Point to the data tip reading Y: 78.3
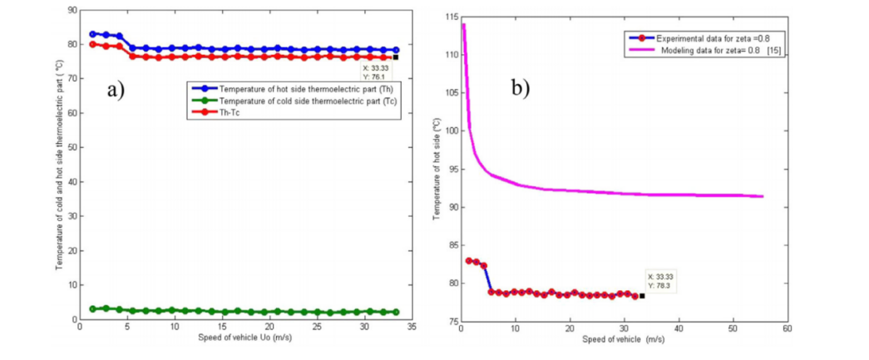[659, 282]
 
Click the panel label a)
[116, 91]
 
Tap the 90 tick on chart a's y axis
[71, 10]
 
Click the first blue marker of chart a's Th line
[92, 34]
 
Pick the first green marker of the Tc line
[92, 308]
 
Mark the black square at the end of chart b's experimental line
[642, 296]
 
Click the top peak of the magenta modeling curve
[463, 24]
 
